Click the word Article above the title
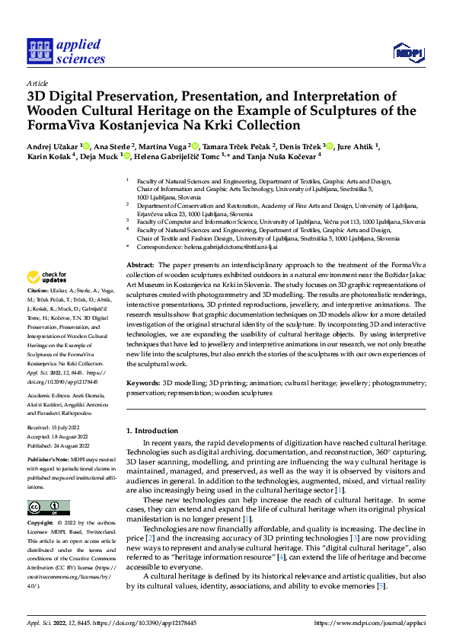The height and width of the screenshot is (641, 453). (37, 83)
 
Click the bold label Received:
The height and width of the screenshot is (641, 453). (40, 429)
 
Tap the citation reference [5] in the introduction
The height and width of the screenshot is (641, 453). (381, 586)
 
